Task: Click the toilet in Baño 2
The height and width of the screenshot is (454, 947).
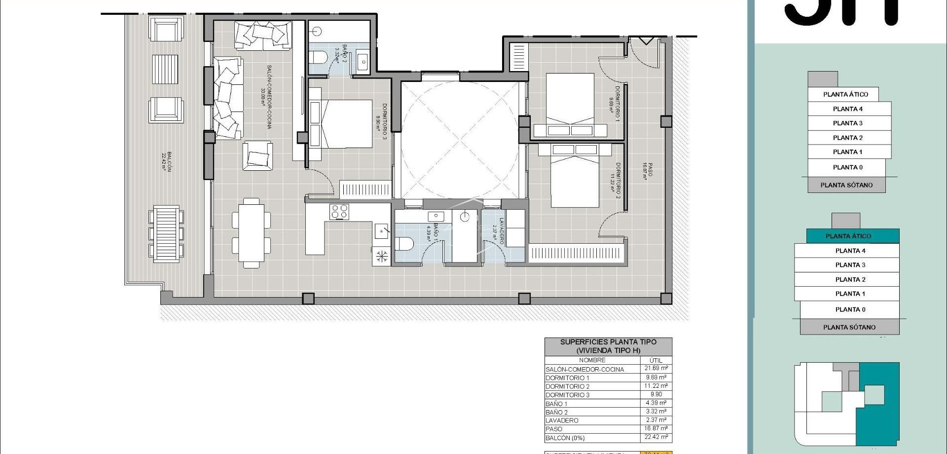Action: pos(318,56)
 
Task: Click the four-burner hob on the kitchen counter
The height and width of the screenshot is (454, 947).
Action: pos(339,212)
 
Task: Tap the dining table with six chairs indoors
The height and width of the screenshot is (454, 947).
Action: pos(252,232)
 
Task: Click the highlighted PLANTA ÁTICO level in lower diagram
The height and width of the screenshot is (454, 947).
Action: pos(848,236)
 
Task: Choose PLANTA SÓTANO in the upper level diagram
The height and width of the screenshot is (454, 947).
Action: pos(846,185)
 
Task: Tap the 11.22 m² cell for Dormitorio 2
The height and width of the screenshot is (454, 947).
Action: pos(656,386)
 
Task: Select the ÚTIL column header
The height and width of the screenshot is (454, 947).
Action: pos(656,360)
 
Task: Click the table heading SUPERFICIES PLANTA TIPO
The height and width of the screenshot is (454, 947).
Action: pos(608,341)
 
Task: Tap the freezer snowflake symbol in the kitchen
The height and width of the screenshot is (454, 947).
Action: pos(382,256)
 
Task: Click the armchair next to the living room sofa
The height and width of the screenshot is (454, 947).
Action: pos(257,156)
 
